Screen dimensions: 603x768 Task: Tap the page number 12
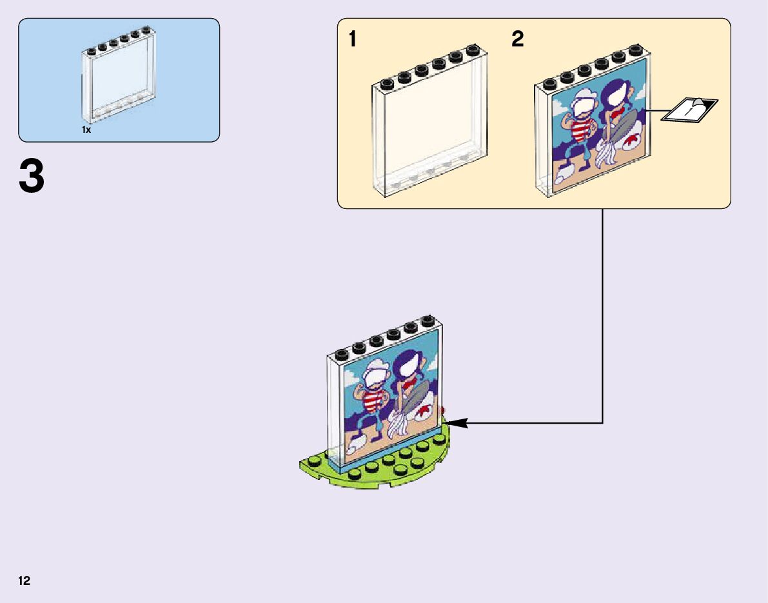(x=25, y=581)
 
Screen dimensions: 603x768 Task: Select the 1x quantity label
(x=86, y=130)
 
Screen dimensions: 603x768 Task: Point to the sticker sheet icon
(x=689, y=110)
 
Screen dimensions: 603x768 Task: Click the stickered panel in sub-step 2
(x=592, y=126)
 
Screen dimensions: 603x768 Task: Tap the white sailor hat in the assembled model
(x=375, y=373)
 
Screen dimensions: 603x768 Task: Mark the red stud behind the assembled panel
(x=444, y=410)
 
